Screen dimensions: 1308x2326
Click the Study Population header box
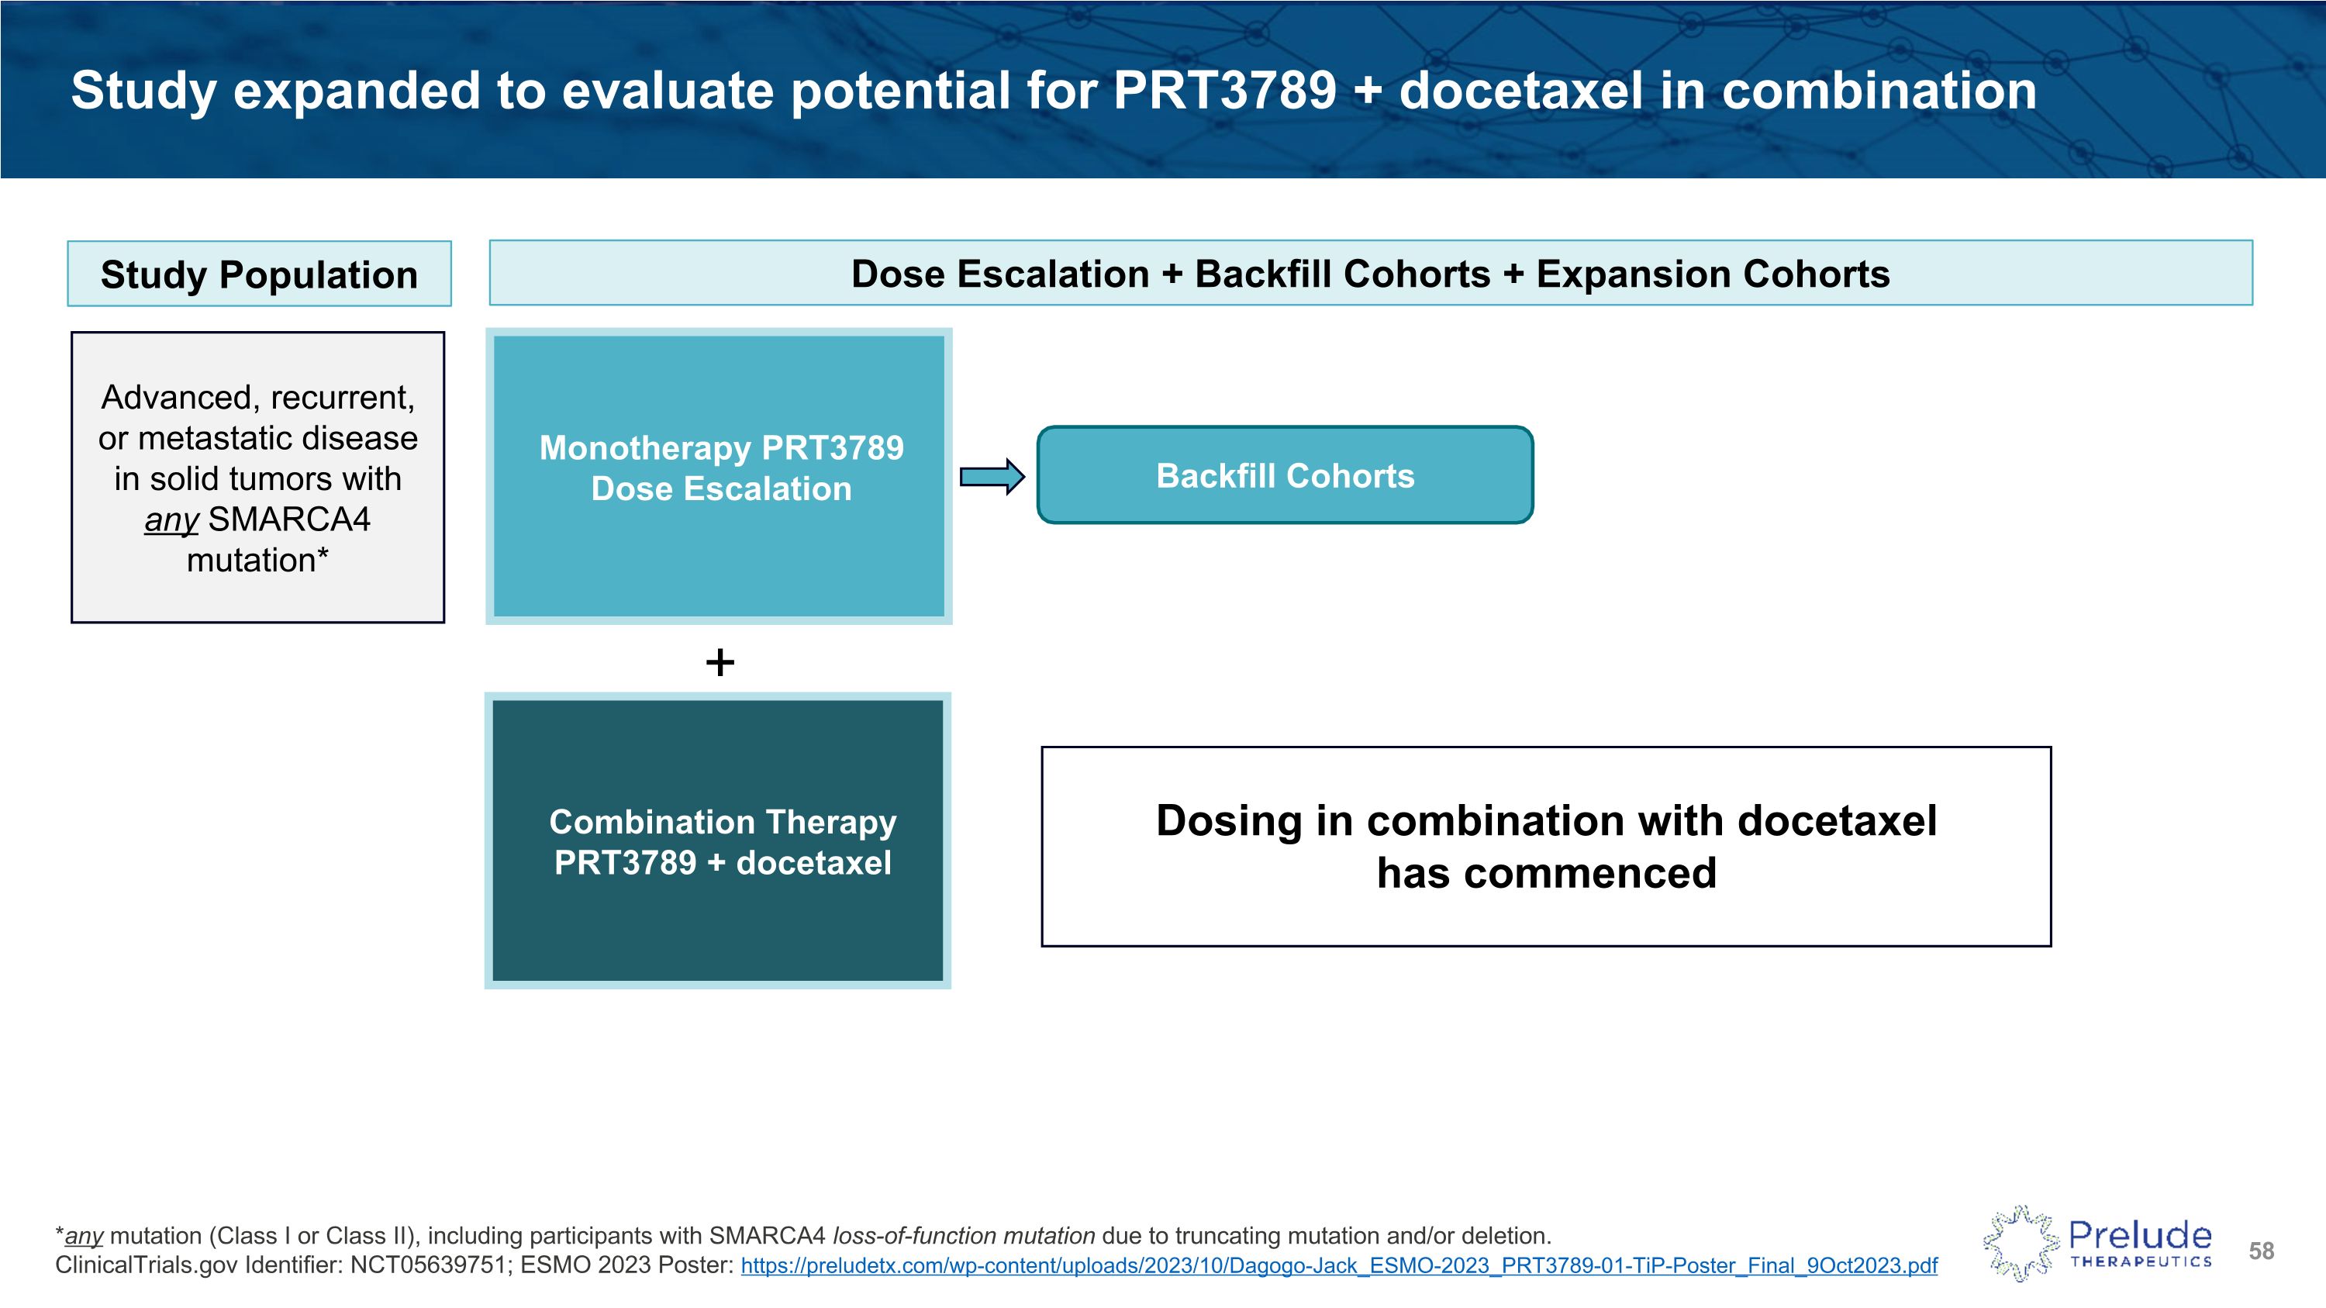(259, 274)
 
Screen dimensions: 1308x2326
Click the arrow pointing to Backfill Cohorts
(992, 477)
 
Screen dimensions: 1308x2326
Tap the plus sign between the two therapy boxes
(720, 663)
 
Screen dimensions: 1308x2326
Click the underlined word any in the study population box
(171, 521)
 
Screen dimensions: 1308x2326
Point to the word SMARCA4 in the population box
(289, 520)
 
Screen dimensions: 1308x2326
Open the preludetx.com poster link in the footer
(1338, 1265)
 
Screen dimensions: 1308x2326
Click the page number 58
(2261, 1251)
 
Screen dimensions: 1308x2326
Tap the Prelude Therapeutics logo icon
(2020, 1243)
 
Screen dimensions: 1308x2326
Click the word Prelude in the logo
(2140, 1234)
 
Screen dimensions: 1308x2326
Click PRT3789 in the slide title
(1223, 91)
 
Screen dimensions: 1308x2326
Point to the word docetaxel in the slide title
(1520, 91)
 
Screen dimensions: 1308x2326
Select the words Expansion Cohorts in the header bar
(1713, 274)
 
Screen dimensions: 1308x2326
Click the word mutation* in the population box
(257, 561)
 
